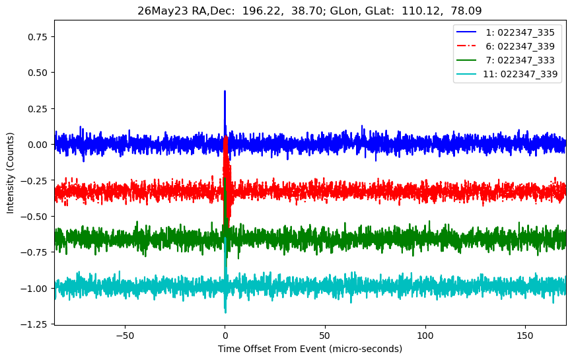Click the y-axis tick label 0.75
tap(38, 37)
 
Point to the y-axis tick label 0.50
tap(38, 73)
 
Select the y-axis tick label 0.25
tap(38, 109)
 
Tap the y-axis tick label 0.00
tap(38, 145)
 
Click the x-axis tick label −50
tap(125, 336)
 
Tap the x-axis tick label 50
tap(325, 336)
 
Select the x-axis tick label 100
tap(425, 336)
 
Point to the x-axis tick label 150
tap(525, 336)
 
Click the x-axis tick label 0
tap(225, 336)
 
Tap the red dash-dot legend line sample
tap(466, 46)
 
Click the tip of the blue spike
tap(225, 91)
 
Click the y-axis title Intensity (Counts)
tap(10, 173)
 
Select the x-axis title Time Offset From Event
tap(271, 349)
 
